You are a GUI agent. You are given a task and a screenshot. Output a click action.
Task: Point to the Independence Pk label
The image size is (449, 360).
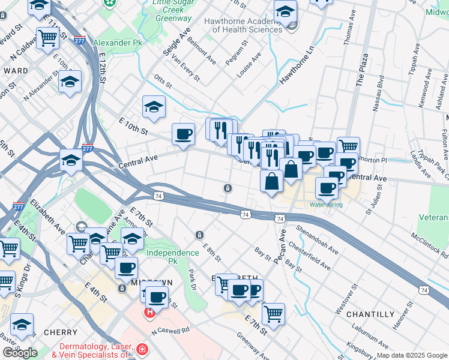tap(173, 253)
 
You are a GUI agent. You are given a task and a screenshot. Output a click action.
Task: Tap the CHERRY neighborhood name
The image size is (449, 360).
tap(60, 332)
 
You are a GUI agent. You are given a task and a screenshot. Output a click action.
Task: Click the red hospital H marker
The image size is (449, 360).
tap(150, 313)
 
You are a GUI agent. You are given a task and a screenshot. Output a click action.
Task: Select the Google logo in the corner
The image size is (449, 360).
tap(20, 353)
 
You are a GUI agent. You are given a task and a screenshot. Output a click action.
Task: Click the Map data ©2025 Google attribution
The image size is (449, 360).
tap(411, 355)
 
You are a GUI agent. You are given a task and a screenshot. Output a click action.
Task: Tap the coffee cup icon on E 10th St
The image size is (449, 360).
tap(183, 133)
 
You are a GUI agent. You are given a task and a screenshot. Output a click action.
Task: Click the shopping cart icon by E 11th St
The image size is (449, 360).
tap(47, 37)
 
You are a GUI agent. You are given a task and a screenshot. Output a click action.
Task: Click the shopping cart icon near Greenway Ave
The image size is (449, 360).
tap(273, 313)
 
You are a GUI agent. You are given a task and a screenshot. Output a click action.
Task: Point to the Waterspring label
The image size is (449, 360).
tap(326, 205)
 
